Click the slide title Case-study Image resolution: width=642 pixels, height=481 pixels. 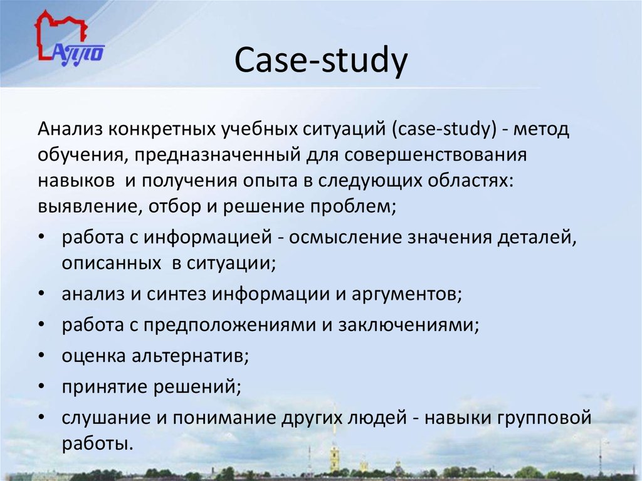pyautogui.click(x=321, y=63)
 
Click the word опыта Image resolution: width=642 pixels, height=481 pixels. pyautogui.click(x=282, y=181)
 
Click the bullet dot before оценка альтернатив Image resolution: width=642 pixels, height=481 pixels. pyautogui.click(x=41, y=356)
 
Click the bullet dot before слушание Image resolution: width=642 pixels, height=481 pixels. pyautogui.click(x=41, y=417)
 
